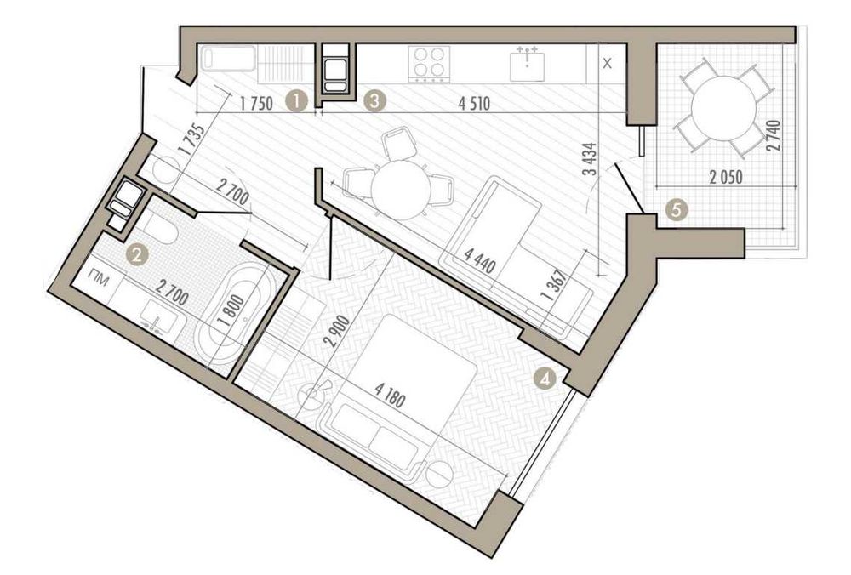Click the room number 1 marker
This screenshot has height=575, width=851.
297,101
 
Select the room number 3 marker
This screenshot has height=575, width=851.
374,101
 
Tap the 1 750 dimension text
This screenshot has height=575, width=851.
256,103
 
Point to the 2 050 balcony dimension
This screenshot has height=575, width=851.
726,178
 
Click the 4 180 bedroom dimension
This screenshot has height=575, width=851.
391,395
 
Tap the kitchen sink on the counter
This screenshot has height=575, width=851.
527,65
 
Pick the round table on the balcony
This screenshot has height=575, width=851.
724,107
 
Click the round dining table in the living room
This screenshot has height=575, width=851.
401,190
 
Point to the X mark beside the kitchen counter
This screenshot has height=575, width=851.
608,64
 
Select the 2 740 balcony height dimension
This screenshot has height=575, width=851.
773,136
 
